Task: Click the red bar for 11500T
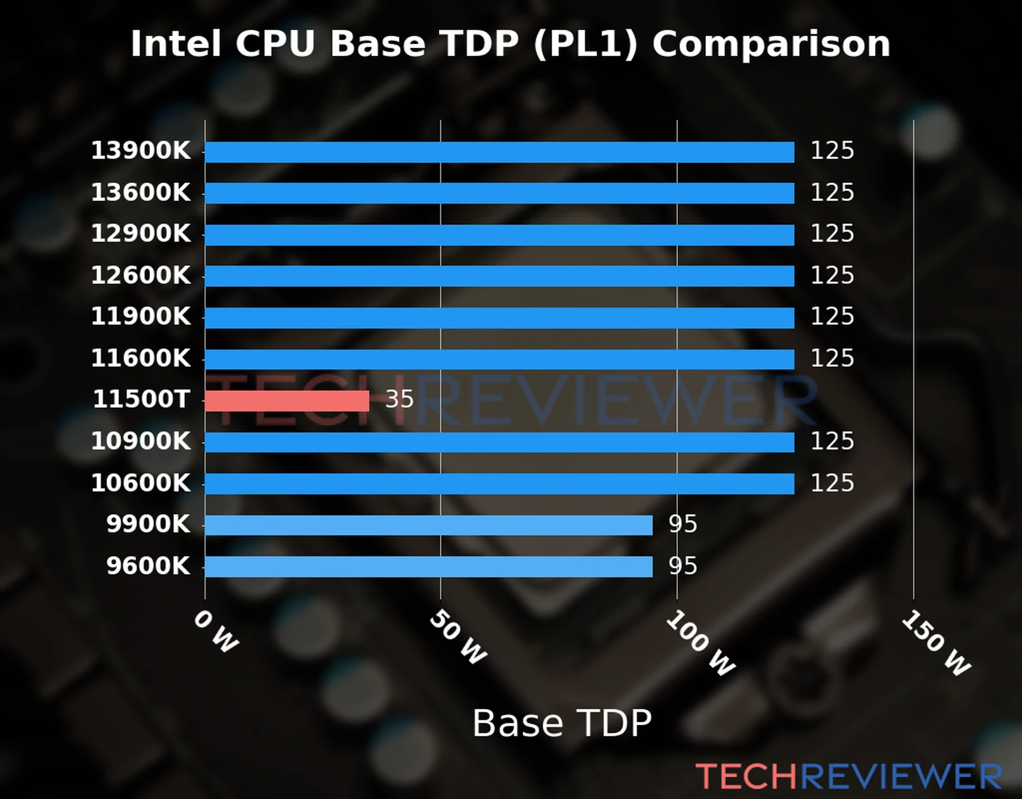tap(287, 401)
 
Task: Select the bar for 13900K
tap(499, 152)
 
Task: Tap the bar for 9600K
tap(428, 567)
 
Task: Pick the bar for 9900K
tap(428, 525)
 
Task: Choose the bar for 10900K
tap(499, 442)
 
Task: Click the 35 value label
tap(400, 400)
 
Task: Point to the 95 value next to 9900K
tap(683, 525)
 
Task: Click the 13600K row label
tap(140, 193)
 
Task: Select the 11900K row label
tap(140, 317)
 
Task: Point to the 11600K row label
tap(140, 359)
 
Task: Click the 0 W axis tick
tap(216, 632)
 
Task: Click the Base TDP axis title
tap(562, 723)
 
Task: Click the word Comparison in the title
tap(771, 45)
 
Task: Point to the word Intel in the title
tap(176, 45)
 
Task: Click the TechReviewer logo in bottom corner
tap(848, 776)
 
